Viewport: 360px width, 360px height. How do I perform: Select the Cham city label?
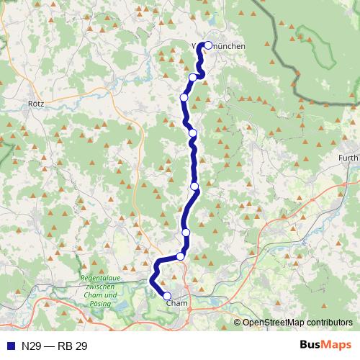tap(176, 304)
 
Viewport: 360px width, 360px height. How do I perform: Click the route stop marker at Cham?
tap(167, 296)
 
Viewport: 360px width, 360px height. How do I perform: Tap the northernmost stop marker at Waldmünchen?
tap(208, 45)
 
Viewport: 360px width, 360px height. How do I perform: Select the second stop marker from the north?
tap(193, 77)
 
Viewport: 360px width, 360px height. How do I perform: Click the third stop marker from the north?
tap(184, 97)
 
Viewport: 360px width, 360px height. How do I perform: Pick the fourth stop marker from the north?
tap(192, 132)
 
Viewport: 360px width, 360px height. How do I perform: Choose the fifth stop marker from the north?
tap(194, 186)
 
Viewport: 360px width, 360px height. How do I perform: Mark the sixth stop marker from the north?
tap(186, 233)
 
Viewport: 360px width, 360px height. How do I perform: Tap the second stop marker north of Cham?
tap(186, 233)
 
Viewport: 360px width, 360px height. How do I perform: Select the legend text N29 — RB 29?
tap(54, 346)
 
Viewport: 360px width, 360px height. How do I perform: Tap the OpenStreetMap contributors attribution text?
tap(297, 323)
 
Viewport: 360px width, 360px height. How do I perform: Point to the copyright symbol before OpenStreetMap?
tap(237, 323)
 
